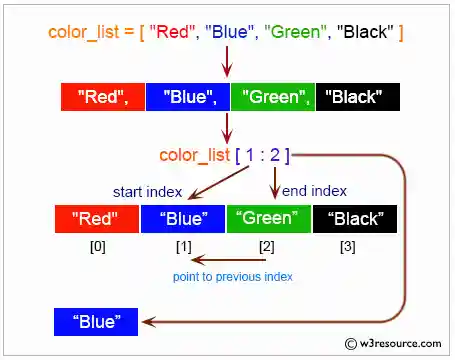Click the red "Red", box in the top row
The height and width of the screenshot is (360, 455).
pos(102,97)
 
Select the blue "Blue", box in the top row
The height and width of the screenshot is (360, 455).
pos(188,97)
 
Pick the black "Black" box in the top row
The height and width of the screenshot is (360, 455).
pos(358,97)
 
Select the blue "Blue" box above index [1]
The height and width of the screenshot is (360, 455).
pos(182,219)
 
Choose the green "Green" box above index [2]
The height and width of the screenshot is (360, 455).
pos(268,219)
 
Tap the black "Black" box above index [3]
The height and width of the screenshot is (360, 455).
pos(355,219)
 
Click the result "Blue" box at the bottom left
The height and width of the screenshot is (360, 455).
pos(97,322)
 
